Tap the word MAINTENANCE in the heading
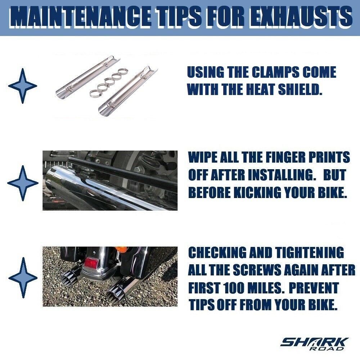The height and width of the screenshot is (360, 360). click(80, 16)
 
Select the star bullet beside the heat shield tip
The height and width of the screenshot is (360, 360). click(22, 86)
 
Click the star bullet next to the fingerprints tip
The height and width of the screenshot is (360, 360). click(23, 183)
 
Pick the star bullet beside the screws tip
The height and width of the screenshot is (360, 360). click(23, 278)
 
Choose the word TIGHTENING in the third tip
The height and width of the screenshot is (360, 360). click(310, 252)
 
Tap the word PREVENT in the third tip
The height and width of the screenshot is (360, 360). click(314, 288)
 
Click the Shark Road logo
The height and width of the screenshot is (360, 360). click(314, 344)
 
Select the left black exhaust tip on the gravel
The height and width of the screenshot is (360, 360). click(70, 277)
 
